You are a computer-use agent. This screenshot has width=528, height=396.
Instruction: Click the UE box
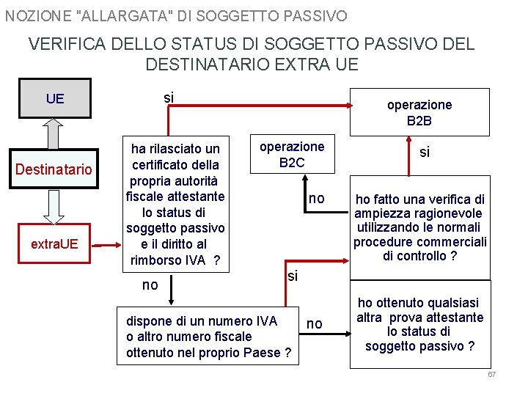[x=55, y=98]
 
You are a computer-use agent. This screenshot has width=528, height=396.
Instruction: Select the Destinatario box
[x=54, y=170]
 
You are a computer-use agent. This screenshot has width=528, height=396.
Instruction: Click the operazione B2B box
[x=419, y=112]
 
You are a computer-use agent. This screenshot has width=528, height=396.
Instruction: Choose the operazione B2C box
[x=292, y=153]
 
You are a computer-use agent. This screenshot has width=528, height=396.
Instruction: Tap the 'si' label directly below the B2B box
[x=424, y=152]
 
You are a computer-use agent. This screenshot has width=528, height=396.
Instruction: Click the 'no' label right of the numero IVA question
[x=315, y=323]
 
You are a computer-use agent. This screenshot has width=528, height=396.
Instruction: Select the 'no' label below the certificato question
[x=150, y=285]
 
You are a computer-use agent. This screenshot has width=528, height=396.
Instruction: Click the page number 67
[x=492, y=375]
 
